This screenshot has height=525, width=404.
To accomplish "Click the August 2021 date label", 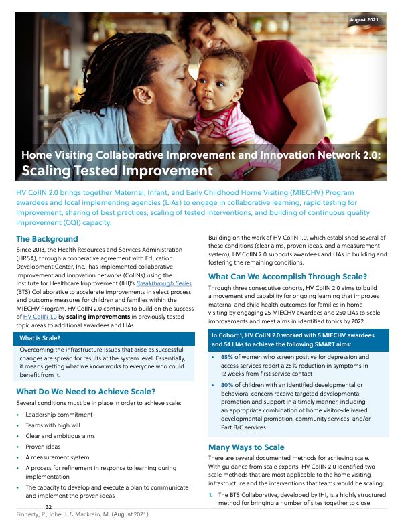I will pos(364,20).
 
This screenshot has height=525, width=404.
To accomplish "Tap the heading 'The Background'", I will pos(47,239).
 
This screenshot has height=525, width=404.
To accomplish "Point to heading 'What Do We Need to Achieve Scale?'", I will pos(86,392).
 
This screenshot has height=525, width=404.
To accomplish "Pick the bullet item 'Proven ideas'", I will pos(43,447).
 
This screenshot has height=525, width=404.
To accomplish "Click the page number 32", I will pos(48,507).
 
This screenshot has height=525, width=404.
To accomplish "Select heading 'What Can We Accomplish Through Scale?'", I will pos(287,276).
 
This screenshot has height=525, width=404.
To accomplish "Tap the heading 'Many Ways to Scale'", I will pos(247,447).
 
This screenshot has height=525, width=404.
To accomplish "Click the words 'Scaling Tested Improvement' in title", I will pos(117,171).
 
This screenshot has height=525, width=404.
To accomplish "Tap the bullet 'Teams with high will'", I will pos(54,426).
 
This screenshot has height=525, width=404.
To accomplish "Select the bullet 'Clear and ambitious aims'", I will pos(60,436).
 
